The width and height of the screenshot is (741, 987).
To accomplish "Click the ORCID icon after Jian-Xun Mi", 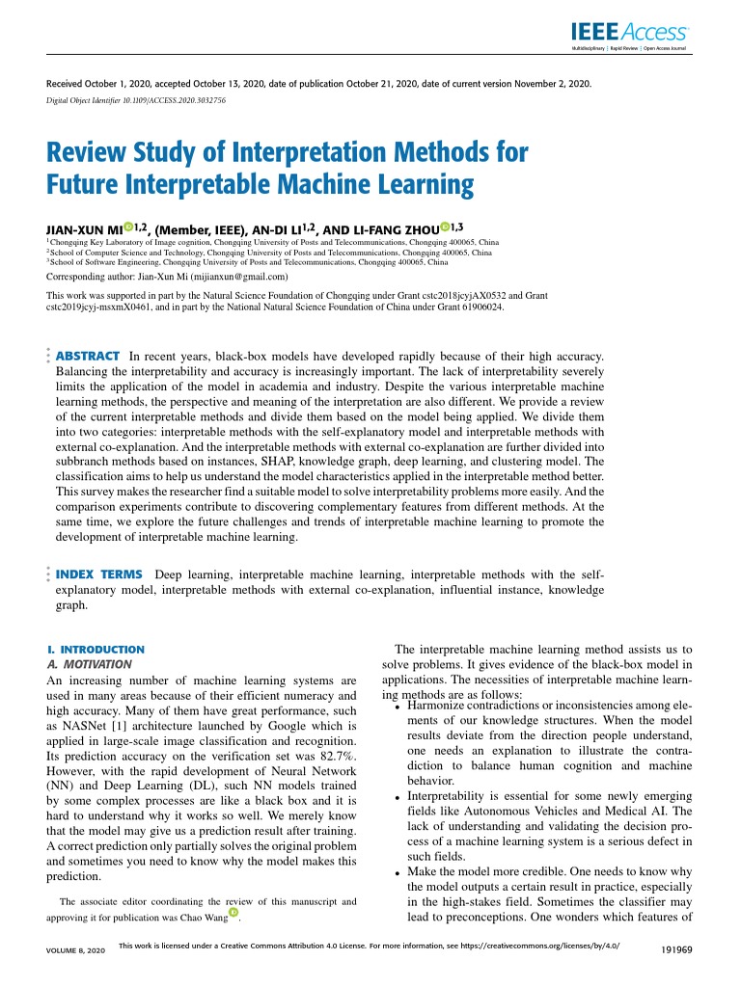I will (x=127, y=225).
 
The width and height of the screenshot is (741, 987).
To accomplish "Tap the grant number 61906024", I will (x=474, y=308).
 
